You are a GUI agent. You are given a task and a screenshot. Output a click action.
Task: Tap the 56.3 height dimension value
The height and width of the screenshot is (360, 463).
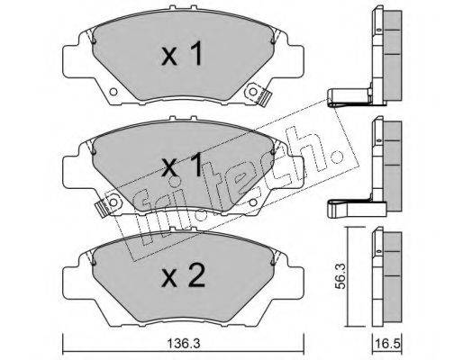coord(340,276)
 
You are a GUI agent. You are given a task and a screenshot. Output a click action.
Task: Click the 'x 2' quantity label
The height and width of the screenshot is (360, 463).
coord(183,275)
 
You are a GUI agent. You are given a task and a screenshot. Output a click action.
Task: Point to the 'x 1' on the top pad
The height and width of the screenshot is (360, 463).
coord(182,54)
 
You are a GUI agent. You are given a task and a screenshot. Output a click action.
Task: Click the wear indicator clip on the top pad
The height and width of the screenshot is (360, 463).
coord(263,98)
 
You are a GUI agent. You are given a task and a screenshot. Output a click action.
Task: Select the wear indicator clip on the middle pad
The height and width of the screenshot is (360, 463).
coord(102,208)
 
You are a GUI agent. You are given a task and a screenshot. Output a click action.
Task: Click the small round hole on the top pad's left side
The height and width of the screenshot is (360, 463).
coord(113,92)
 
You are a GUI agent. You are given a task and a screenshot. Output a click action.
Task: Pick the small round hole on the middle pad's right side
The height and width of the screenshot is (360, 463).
coord(253,202)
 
